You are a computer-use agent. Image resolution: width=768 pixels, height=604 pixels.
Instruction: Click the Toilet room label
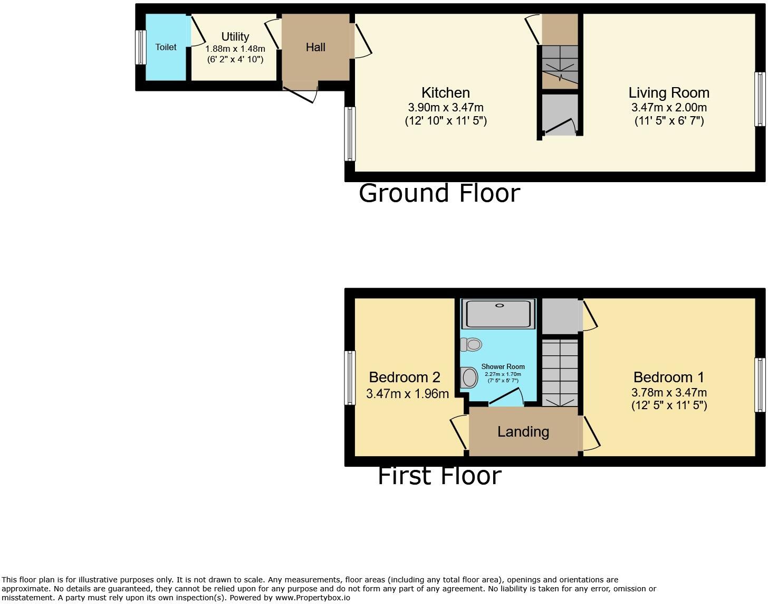[x=166, y=47]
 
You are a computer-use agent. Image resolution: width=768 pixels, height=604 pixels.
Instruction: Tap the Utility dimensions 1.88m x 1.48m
[x=235, y=49]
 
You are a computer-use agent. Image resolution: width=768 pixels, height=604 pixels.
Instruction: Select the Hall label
[x=315, y=47]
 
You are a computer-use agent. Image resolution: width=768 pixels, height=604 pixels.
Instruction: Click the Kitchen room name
[x=446, y=92]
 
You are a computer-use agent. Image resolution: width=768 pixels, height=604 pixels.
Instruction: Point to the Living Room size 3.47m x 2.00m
[x=669, y=107]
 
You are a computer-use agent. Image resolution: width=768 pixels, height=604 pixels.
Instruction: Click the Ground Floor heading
[x=439, y=193]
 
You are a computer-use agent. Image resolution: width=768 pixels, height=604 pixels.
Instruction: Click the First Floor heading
[x=439, y=476]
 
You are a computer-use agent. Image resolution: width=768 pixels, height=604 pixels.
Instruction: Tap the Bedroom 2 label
[x=405, y=377]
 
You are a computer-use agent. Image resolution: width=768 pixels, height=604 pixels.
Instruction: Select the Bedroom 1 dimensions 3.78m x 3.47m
[x=669, y=392]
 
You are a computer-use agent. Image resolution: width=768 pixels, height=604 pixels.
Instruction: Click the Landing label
[x=523, y=432]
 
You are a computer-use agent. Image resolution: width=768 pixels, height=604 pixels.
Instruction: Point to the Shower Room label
[x=503, y=366]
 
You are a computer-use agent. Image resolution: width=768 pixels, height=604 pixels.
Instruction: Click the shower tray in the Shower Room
[x=498, y=314]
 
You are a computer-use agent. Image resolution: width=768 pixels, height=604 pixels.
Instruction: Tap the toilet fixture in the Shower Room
[x=472, y=345]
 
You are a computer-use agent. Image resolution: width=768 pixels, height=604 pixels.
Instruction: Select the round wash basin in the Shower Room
[x=469, y=378]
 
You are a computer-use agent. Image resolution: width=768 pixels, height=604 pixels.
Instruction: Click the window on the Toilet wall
[x=140, y=48]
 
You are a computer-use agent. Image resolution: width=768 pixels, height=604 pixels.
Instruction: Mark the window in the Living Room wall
[x=759, y=99]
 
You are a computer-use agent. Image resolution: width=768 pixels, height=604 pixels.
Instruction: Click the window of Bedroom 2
[x=349, y=378]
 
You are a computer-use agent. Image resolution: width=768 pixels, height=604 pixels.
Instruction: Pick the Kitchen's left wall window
[x=349, y=134]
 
